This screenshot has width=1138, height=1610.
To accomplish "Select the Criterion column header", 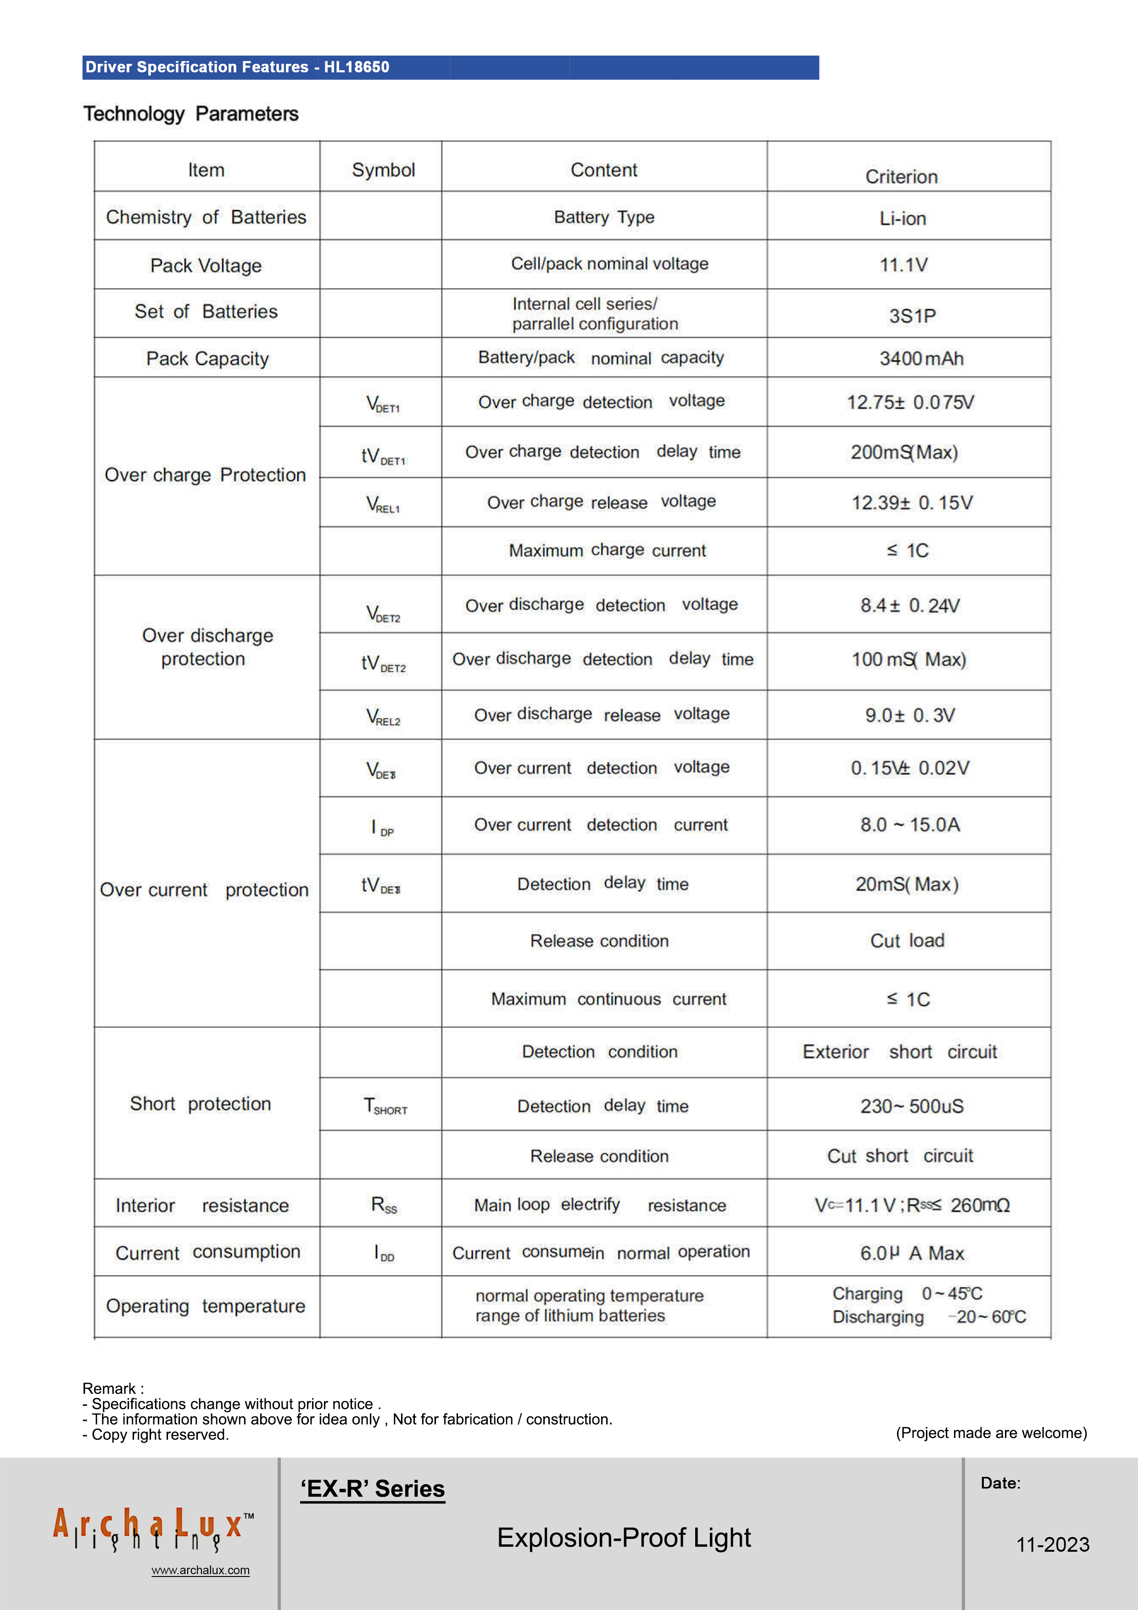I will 901,177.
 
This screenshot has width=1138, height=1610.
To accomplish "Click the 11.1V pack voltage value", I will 903,265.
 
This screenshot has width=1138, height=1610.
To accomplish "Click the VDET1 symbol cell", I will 383,404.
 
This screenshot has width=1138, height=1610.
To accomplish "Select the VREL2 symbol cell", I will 383,716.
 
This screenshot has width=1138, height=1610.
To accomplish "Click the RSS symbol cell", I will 384,1205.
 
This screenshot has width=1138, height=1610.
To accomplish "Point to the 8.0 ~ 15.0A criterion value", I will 909,825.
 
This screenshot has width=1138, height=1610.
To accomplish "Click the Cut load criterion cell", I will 907,941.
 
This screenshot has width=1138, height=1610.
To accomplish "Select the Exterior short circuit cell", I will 899,1052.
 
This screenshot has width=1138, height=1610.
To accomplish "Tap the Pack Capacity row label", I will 207,359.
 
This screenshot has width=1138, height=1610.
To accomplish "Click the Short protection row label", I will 201,1104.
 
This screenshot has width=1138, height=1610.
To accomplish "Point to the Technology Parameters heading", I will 191,114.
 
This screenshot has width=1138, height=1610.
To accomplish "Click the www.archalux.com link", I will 201,1570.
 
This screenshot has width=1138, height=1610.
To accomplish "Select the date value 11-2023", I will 1053,1544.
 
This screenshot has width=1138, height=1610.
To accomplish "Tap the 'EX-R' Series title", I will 372,1489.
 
